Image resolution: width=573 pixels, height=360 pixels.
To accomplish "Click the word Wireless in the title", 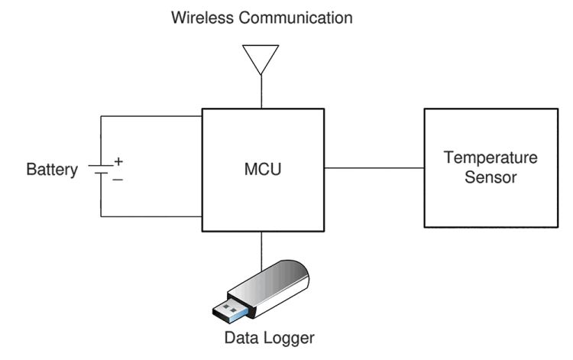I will [x=197, y=17].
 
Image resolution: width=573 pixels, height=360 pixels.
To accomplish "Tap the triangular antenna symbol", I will [x=261, y=58].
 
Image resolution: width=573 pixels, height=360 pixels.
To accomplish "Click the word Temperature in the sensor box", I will [x=491, y=158].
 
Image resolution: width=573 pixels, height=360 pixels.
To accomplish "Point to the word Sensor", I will [x=491, y=178].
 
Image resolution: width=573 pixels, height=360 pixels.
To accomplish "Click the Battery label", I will [x=52, y=170].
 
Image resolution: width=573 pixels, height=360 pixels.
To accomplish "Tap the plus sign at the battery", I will [x=118, y=161].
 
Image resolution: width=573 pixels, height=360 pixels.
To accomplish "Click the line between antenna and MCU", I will [x=261, y=92].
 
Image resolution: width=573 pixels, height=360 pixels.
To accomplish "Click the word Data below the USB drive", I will [x=240, y=336].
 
